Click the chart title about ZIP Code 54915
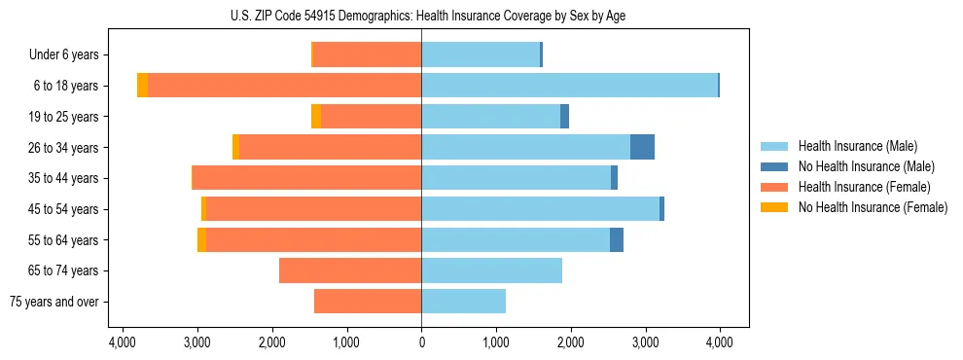pos(421,16)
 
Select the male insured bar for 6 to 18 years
pos(569,86)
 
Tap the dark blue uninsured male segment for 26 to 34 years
pos(642,147)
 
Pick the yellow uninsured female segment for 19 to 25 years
pos(316,117)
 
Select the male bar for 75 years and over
pos(463,302)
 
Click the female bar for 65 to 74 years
pos(350,270)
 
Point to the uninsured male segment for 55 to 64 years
pos(617,239)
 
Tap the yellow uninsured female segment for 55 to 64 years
pos(201,239)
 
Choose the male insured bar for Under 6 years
pos(481,54)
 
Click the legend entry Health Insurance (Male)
pos(857,146)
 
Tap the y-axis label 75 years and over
pos(54,302)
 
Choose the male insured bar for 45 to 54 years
pos(540,209)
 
